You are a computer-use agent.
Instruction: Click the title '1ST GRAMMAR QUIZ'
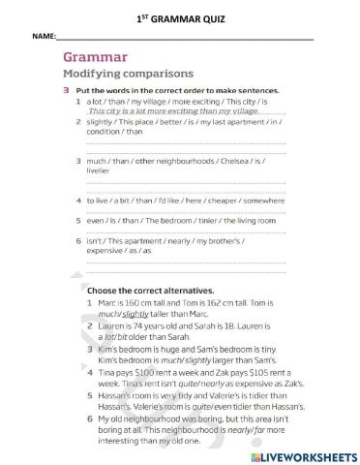pyautogui.click(x=180, y=16)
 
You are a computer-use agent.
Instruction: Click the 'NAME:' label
pyautogui.click(x=45, y=36)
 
